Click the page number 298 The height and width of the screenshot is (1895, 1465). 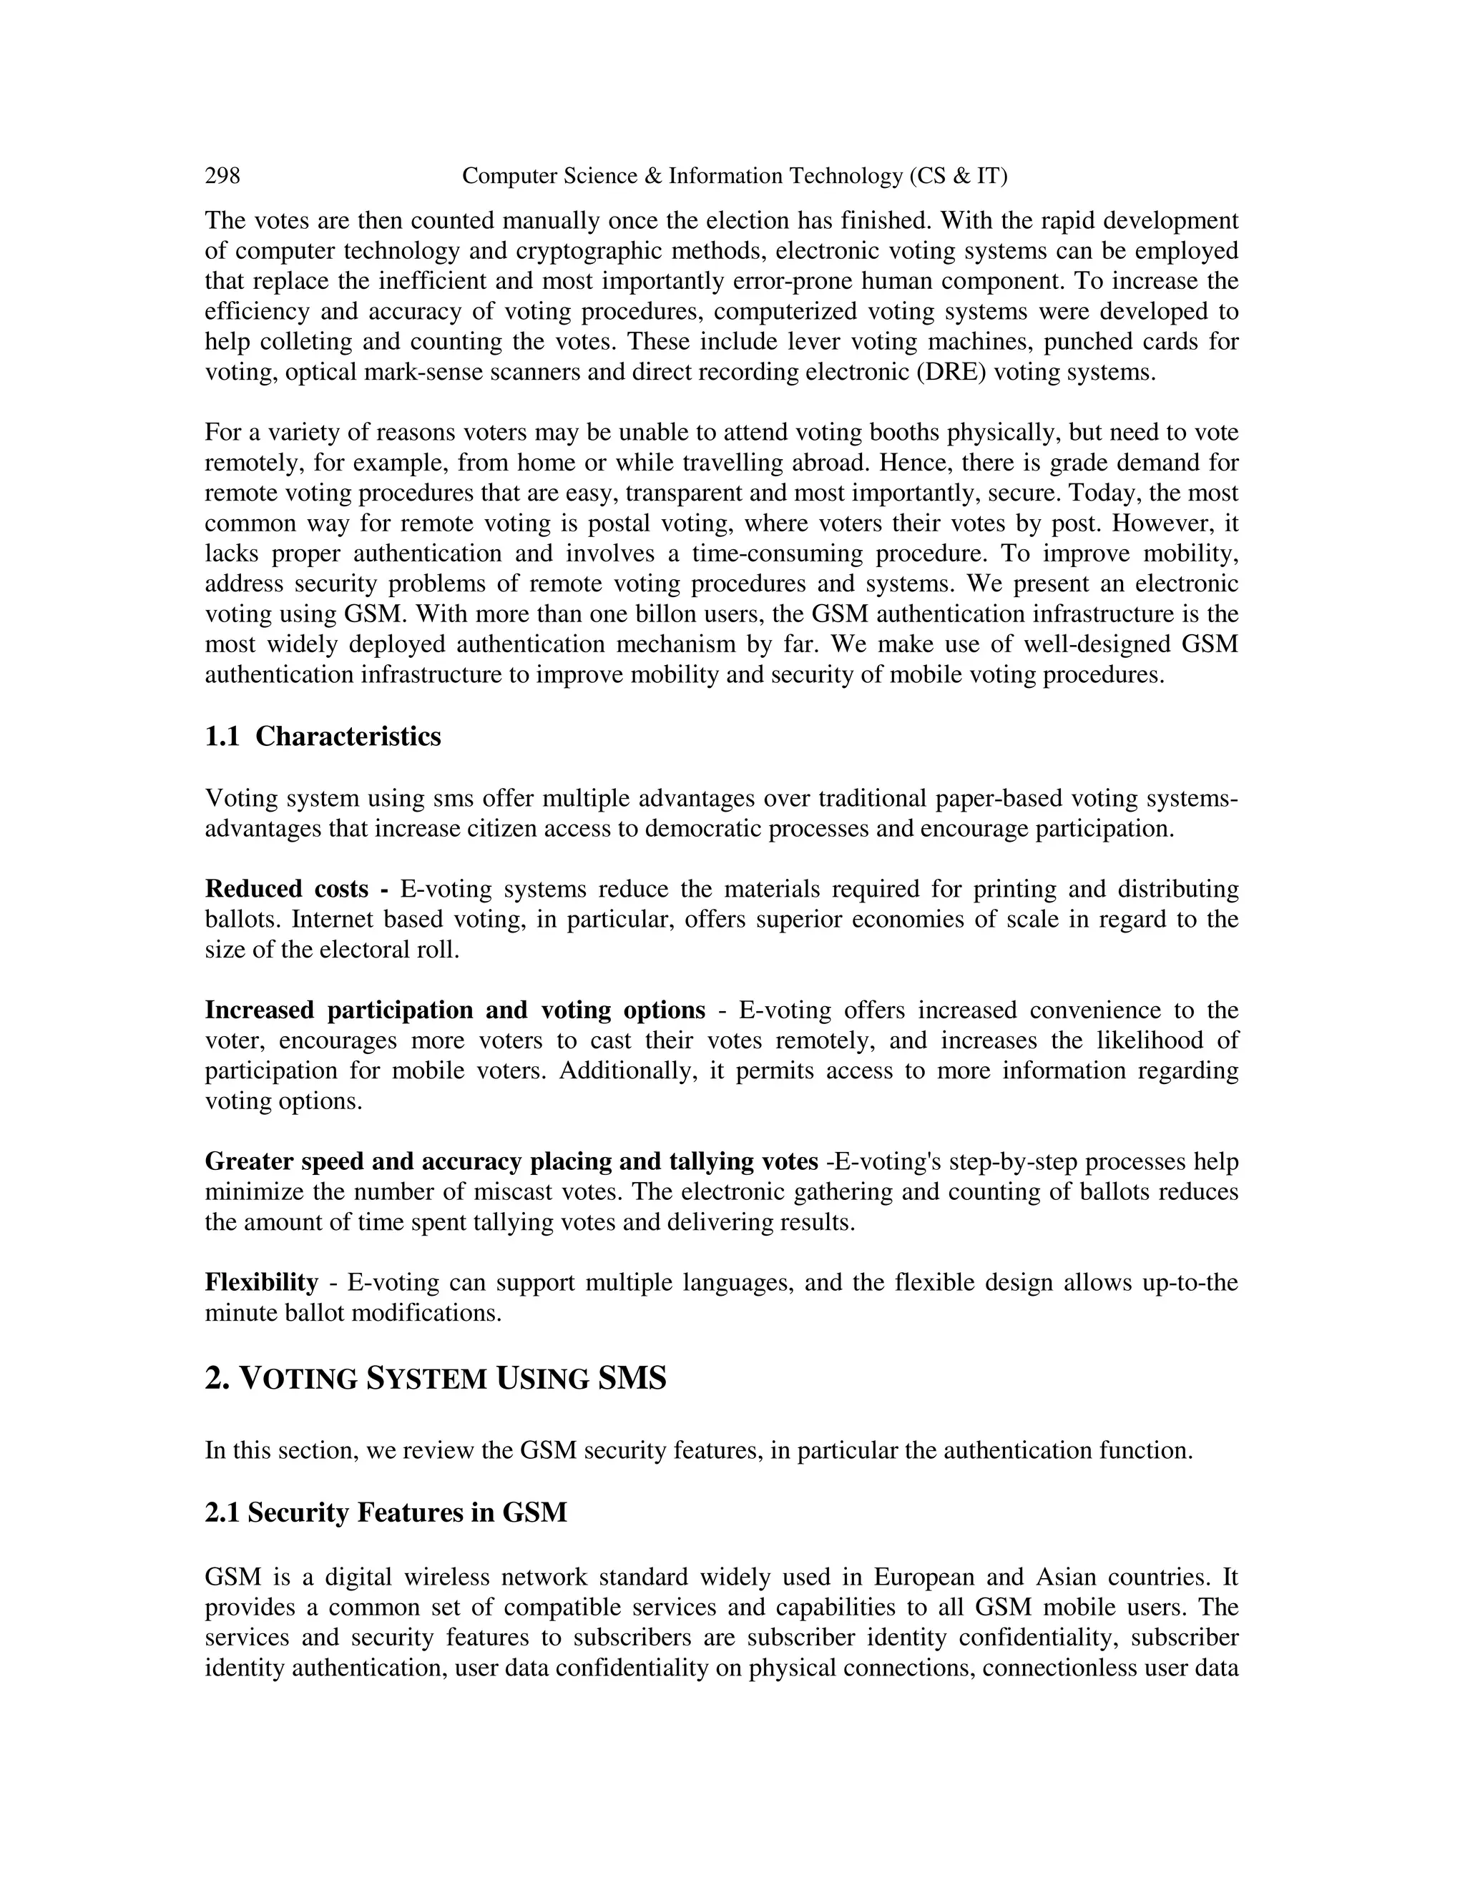coord(222,176)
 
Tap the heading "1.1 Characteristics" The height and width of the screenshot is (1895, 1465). coord(323,737)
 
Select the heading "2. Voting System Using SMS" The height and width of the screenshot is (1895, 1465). coord(435,1378)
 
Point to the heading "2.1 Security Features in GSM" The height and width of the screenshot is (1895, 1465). coord(386,1512)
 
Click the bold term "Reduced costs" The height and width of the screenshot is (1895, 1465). coord(286,890)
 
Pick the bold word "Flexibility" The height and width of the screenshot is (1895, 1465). coord(261,1282)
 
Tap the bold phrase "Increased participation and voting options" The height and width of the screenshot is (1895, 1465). coord(455,1010)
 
